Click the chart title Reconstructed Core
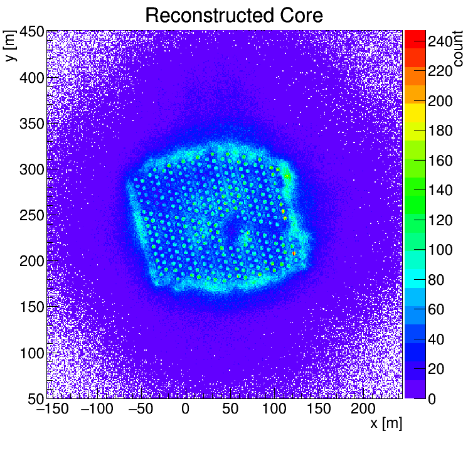pyautogui.click(x=233, y=16)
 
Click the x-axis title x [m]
pyautogui.click(x=385, y=424)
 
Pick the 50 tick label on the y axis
pyautogui.click(x=34, y=398)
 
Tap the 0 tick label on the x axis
pyautogui.click(x=186, y=409)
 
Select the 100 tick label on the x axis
pyautogui.click(x=274, y=409)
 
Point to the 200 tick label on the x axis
pyautogui.click(x=363, y=409)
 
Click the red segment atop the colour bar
pyautogui.click(x=415, y=36)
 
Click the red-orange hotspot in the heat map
pyautogui.click(x=294, y=253)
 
